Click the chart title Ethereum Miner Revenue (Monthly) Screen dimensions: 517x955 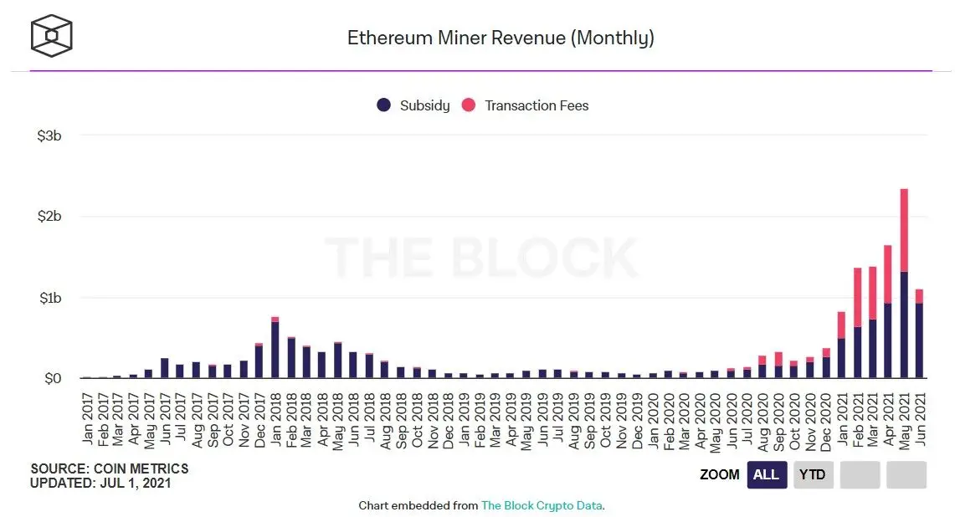click(501, 38)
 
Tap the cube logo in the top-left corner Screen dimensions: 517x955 click(52, 35)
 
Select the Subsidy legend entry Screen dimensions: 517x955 click(413, 105)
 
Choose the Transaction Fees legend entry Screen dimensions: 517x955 click(525, 105)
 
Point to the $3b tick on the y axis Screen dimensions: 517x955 click(49, 136)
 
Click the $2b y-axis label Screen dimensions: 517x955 click(49, 217)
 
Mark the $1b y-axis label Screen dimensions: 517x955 click(49, 298)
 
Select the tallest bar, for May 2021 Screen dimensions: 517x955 click(903, 284)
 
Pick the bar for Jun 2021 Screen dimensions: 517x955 click(919, 335)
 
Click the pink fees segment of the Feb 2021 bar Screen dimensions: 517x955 click(856, 297)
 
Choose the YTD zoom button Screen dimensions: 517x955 click(812, 474)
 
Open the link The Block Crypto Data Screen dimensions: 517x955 click(541, 505)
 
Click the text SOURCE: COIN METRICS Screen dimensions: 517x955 click(110, 468)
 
